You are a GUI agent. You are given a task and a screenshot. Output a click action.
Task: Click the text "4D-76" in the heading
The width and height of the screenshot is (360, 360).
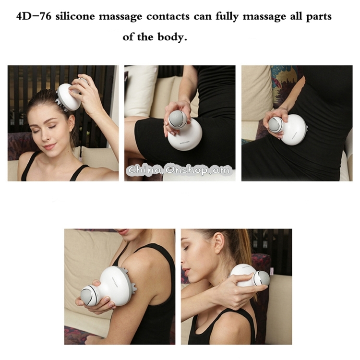[x=34, y=17]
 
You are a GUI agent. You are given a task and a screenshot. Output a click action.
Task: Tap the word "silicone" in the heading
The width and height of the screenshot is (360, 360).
[x=75, y=17]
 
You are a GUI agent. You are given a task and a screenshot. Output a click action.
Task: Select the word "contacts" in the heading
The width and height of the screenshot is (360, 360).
[x=168, y=17]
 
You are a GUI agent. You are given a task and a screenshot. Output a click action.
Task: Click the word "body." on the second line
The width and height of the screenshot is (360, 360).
[x=172, y=37]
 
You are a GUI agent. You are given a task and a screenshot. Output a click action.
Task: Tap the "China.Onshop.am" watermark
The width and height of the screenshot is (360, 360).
[x=179, y=170]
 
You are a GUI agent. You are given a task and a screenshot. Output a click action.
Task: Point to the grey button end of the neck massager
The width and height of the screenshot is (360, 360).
[x=263, y=278]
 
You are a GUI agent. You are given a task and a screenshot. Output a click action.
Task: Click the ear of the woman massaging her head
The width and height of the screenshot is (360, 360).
[x=72, y=122]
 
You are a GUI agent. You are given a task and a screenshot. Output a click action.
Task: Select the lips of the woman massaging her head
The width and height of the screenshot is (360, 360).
[x=49, y=146]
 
